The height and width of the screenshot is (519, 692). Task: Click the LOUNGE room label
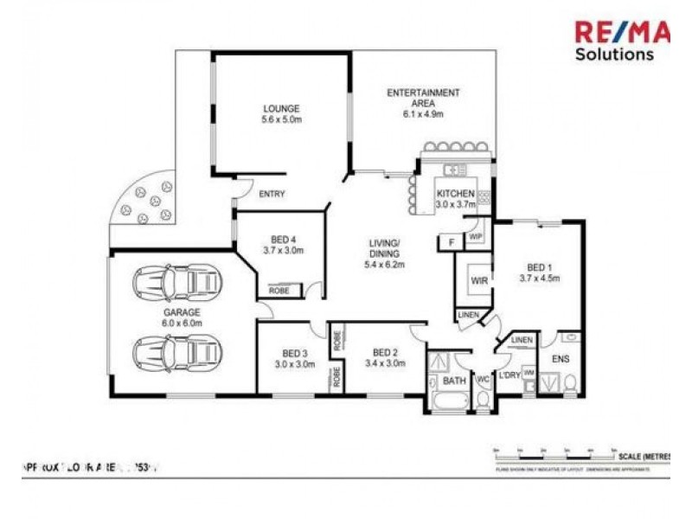pyautogui.click(x=281, y=109)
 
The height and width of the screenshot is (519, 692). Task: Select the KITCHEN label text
pyautogui.click(x=455, y=193)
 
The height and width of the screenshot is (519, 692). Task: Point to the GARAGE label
pyautogui.click(x=182, y=311)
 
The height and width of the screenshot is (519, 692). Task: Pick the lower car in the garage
pyautogui.click(x=177, y=351)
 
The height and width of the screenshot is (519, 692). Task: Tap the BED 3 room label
pyautogui.click(x=295, y=353)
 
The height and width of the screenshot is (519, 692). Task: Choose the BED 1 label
pyautogui.click(x=540, y=267)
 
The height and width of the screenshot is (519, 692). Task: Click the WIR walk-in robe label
pyautogui.click(x=479, y=280)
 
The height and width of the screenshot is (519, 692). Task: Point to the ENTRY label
pyautogui.click(x=272, y=194)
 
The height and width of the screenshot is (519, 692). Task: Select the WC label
pyautogui.click(x=484, y=379)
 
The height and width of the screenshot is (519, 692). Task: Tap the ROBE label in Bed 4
pyautogui.click(x=279, y=291)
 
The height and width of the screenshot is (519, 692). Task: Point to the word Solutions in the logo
pyautogui.click(x=614, y=54)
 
